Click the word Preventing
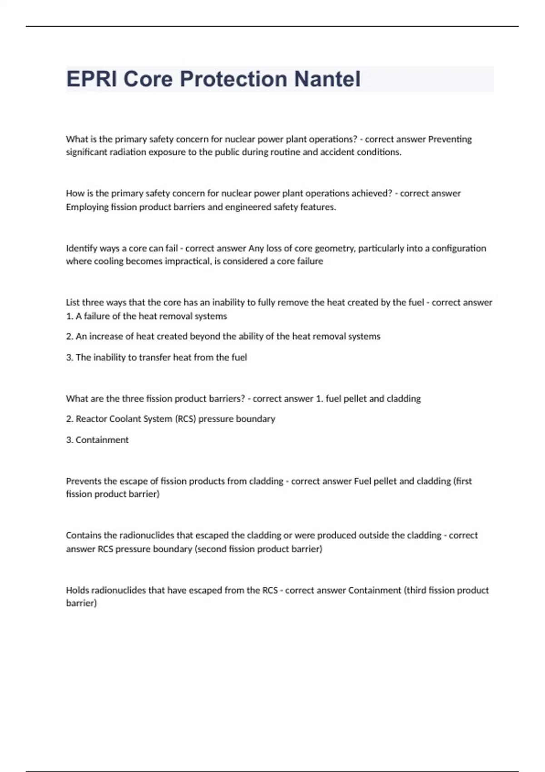tap(450, 139)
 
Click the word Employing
tap(87, 207)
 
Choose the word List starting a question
tap(73, 302)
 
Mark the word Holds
tap(77, 590)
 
